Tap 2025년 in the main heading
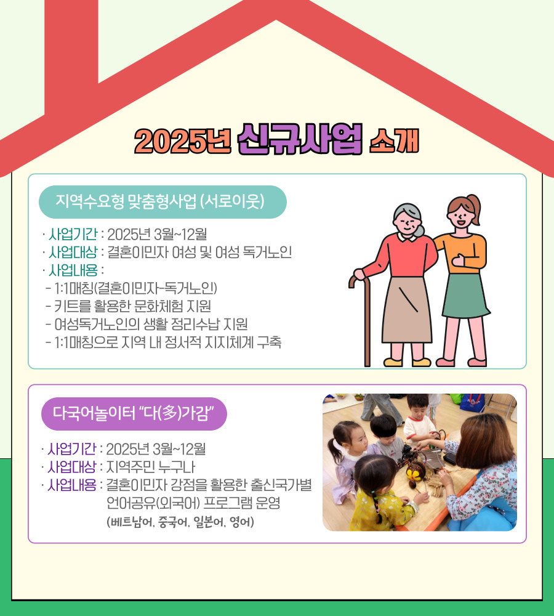click(183, 140)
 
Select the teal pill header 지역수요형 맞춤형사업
click(163, 201)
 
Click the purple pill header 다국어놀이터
click(134, 414)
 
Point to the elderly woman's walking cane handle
click(356, 280)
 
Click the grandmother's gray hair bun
click(419, 230)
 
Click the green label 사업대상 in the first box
click(73, 252)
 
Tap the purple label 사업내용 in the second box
click(72, 485)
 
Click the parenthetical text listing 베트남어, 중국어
click(180, 522)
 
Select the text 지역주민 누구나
click(151, 467)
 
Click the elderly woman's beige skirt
click(407, 310)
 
